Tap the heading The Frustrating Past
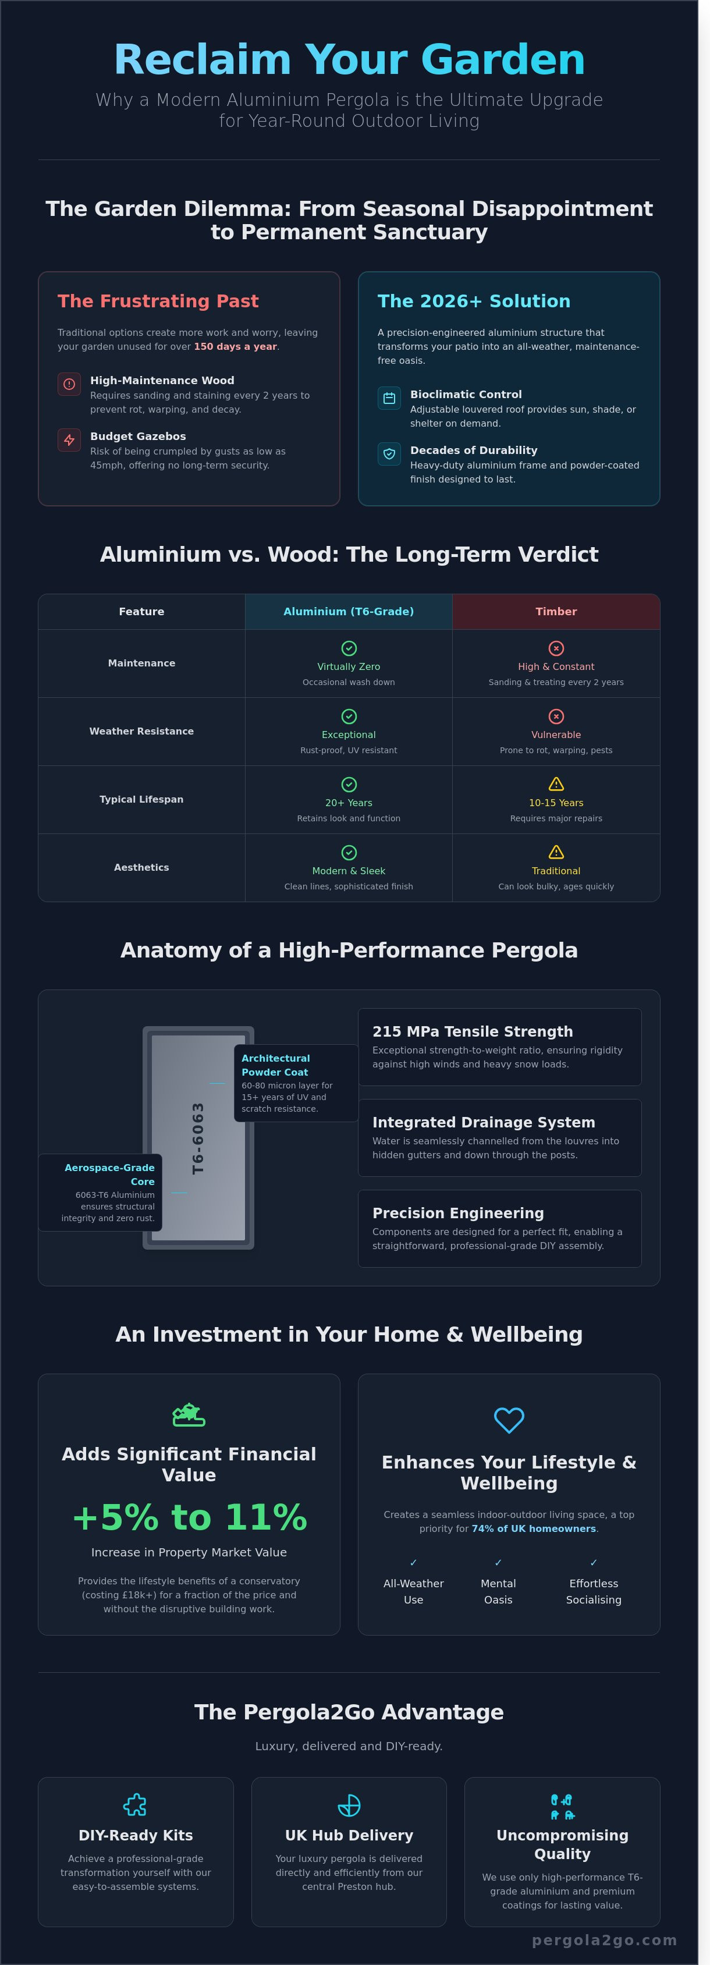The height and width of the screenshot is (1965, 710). pyautogui.click(x=158, y=302)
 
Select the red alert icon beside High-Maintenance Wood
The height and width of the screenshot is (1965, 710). pyautogui.click(x=69, y=384)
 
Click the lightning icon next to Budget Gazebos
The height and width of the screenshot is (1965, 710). pyautogui.click(x=69, y=439)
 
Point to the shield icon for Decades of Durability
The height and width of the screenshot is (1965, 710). pyautogui.click(x=389, y=454)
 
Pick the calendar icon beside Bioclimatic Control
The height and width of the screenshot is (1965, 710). pyautogui.click(x=389, y=398)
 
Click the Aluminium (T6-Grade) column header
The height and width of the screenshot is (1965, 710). pyautogui.click(x=349, y=612)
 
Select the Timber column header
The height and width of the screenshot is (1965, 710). pyautogui.click(x=556, y=612)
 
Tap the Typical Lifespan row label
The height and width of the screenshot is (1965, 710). pyautogui.click(x=141, y=799)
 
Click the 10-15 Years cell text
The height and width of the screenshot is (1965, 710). pyautogui.click(x=556, y=803)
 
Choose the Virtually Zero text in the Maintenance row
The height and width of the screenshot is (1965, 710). pyautogui.click(x=349, y=666)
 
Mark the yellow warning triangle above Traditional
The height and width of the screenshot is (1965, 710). pyautogui.click(x=556, y=852)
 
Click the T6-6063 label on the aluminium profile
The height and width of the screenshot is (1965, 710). pyautogui.click(x=198, y=1138)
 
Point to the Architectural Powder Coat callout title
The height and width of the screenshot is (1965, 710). pyautogui.click(x=275, y=1065)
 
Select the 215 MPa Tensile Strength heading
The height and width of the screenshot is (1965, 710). pyautogui.click(x=472, y=1031)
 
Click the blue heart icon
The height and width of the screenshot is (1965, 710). pyautogui.click(x=509, y=1420)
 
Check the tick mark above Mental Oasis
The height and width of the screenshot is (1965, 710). pyautogui.click(x=498, y=1562)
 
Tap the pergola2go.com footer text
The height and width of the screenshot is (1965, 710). pyautogui.click(x=604, y=1940)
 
